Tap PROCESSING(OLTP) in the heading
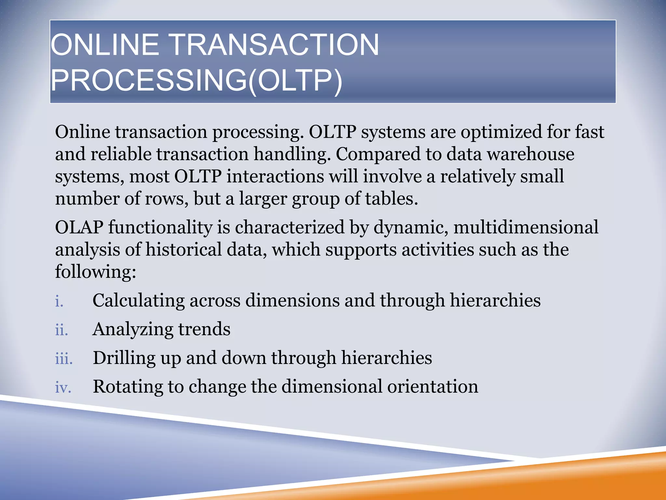click(x=196, y=80)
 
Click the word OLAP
click(x=79, y=227)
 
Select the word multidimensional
click(x=526, y=227)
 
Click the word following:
click(x=95, y=272)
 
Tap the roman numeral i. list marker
click(x=59, y=301)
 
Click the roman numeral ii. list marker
click(x=61, y=330)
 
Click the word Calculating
click(x=138, y=300)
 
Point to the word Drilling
click(x=124, y=358)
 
